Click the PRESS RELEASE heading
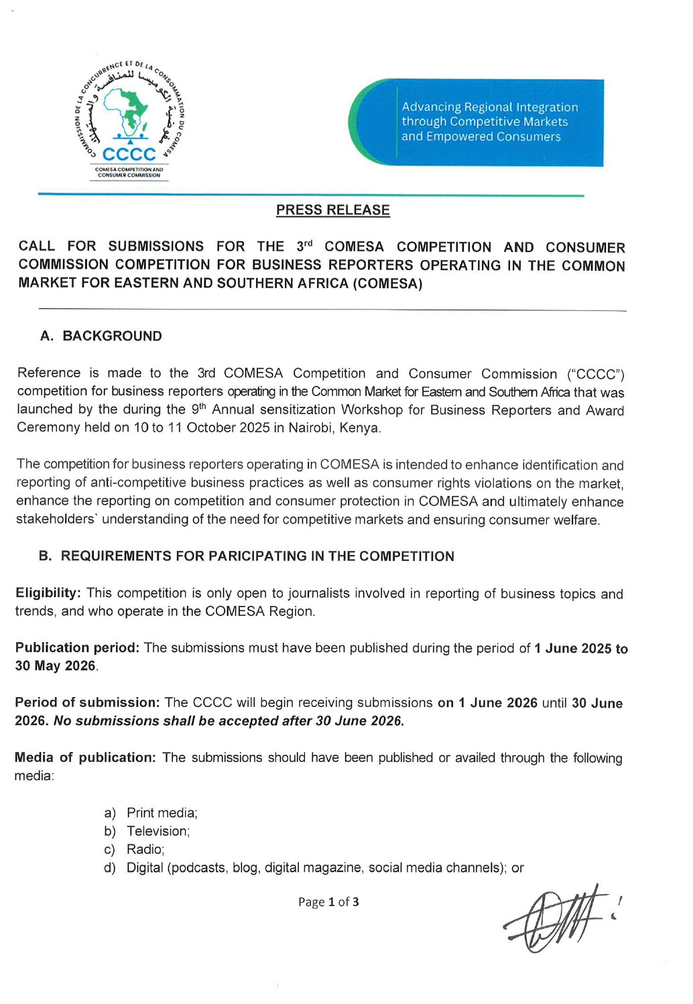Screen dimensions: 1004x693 tap(332, 210)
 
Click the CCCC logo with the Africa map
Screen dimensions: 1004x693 tap(130, 121)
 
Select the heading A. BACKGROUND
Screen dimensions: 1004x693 tap(101, 336)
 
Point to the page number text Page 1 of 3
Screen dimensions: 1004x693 tap(328, 902)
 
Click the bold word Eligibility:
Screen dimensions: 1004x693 tap(48, 593)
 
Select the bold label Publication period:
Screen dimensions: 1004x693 tap(77, 647)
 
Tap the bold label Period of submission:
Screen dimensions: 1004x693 tap(87, 702)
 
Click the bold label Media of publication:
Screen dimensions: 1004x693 tap(85, 757)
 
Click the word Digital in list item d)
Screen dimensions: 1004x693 tap(145, 868)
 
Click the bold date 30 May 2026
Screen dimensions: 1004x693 tap(56, 666)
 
